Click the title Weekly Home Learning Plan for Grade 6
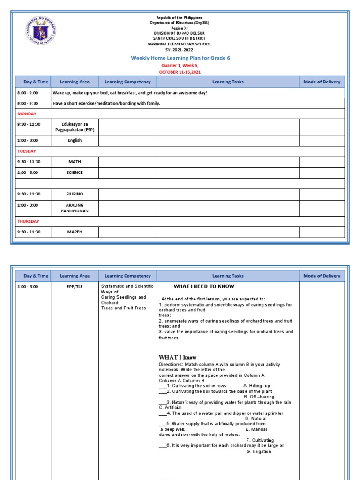click(x=180, y=58)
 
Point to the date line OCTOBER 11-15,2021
click(x=180, y=72)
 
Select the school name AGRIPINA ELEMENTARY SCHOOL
click(x=180, y=44)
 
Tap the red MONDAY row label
click(x=27, y=114)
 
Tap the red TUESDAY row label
click(x=27, y=151)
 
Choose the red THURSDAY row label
click(x=28, y=221)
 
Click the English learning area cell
click(x=75, y=140)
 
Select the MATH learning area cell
click(x=75, y=162)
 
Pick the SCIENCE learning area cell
click(x=75, y=172)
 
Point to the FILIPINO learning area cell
click(x=75, y=194)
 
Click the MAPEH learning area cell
click(x=75, y=232)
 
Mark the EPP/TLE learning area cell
click(x=75, y=286)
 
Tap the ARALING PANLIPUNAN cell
click(x=75, y=208)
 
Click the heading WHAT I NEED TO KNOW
click(x=204, y=286)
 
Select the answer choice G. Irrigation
click(x=258, y=452)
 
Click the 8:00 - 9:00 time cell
click(x=28, y=93)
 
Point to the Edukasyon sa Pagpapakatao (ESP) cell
click(x=75, y=127)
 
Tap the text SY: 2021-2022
click(x=180, y=50)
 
